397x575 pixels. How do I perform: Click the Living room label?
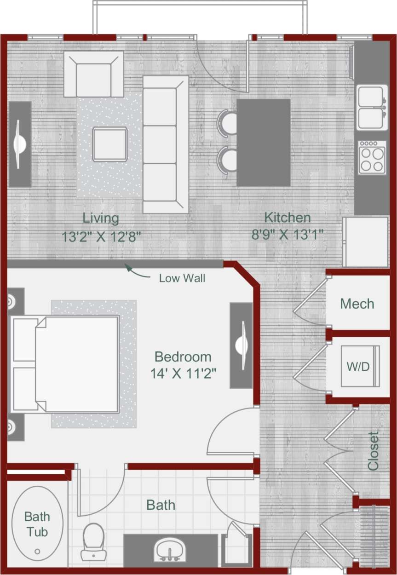(x=100, y=218)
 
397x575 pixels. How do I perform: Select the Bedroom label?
(x=183, y=356)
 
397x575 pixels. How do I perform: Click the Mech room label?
(x=357, y=304)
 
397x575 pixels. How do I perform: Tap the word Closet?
(x=373, y=451)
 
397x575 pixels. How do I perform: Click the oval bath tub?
(x=37, y=524)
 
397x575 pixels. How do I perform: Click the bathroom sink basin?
(x=170, y=550)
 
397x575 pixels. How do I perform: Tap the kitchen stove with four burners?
(x=373, y=157)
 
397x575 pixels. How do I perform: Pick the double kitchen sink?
(x=372, y=107)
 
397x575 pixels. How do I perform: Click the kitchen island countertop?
(x=264, y=143)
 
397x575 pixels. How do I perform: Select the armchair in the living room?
(x=94, y=74)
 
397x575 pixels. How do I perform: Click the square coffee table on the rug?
(x=109, y=144)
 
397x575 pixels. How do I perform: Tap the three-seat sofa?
(x=165, y=144)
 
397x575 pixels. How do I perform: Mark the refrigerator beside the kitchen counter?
(x=366, y=242)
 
